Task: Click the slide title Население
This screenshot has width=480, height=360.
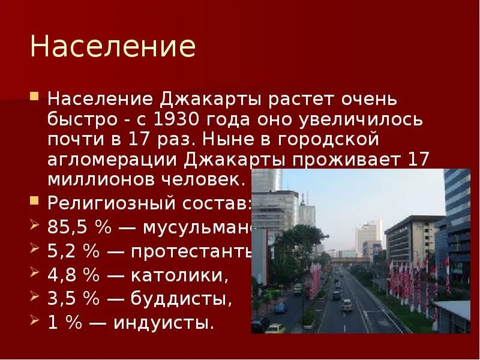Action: [113, 47]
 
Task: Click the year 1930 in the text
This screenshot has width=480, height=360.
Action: [174, 119]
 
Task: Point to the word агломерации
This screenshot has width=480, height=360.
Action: [113, 161]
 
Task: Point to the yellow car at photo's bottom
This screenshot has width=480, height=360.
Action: [275, 329]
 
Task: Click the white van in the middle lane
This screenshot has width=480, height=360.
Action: [347, 305]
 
